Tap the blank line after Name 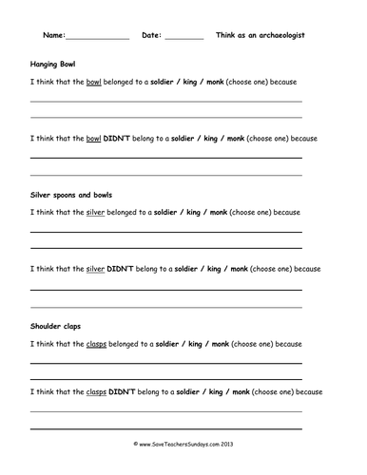click(97, 37)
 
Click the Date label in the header click(151, 35)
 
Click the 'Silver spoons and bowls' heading click(71, 195)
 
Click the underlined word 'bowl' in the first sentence click(93, 83)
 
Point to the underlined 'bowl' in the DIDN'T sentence click(93, 138)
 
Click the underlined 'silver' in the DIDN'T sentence click(95, 269)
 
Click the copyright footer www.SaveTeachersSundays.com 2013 click(183, 445)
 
